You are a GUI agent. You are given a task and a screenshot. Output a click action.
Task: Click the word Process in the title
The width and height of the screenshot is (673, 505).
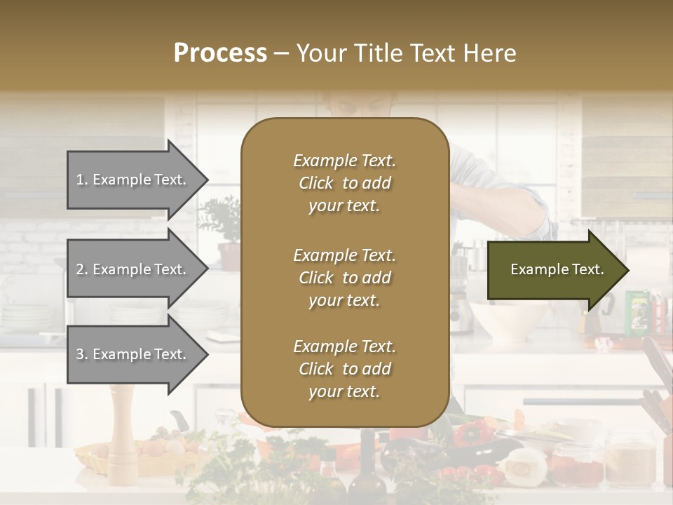pyautogui.click(x=220, y=53)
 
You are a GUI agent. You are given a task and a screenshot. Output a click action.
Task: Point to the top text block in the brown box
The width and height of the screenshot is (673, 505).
pyautogui.click(x=344, y=183)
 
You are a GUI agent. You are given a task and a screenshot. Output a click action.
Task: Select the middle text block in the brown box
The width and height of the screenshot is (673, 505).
pyautogui.click(x=344, y=278)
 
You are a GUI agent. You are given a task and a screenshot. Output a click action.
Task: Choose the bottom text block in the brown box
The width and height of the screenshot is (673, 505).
pyautogui.click(x=344, y=369)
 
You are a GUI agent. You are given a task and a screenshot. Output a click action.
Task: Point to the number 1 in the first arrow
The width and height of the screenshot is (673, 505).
pyautogui.click(x=80, y=180)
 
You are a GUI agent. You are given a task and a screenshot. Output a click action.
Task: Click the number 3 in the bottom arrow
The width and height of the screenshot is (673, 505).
pyautogui.click(x=80, y=354)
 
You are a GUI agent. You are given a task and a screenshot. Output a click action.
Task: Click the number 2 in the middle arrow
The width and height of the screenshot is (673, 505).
pyautogui.click(x=80, y=269)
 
